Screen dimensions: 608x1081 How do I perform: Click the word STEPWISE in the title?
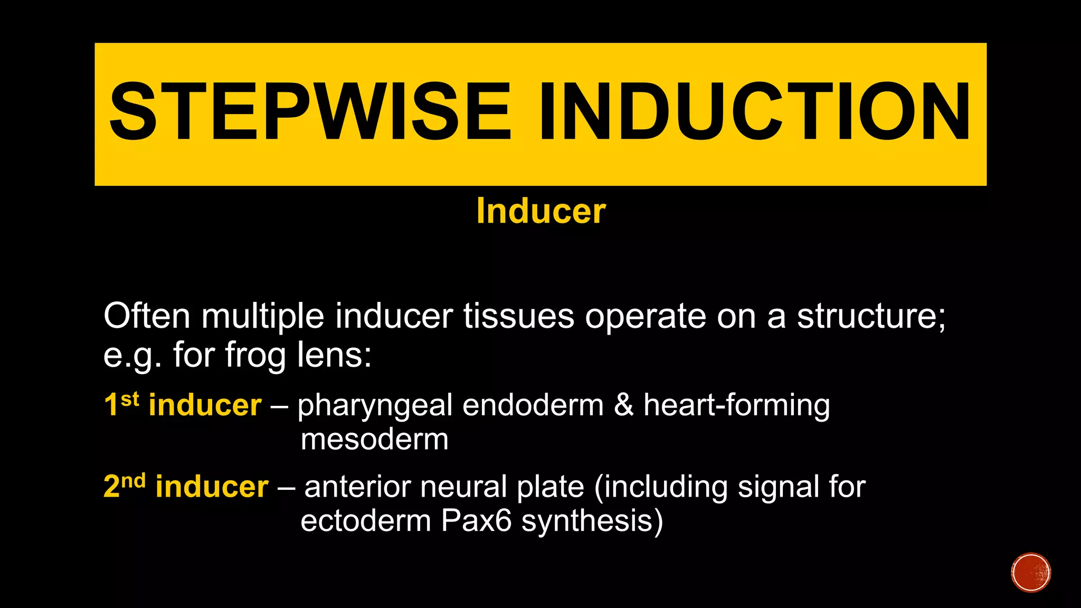click(x=310, y=112)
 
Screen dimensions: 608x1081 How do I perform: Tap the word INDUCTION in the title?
click(x=755, y=112)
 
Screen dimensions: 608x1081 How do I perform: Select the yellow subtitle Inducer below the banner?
click(x=541, y=211)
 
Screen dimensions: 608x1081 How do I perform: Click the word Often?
click(x=147, y=316)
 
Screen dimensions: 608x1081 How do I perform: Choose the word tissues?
click(x=519, y=316)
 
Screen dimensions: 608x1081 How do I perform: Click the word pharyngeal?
click(x=375, y=406)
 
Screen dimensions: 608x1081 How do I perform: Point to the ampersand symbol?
click(x=623, y=405)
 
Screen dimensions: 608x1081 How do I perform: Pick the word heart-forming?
click(x=736, y=406)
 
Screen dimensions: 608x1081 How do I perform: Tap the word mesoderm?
click(x=374, y=439)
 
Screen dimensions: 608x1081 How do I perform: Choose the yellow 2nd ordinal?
click(x=125, y=486)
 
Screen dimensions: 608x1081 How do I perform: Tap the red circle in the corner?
click(x=1031, y=573)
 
